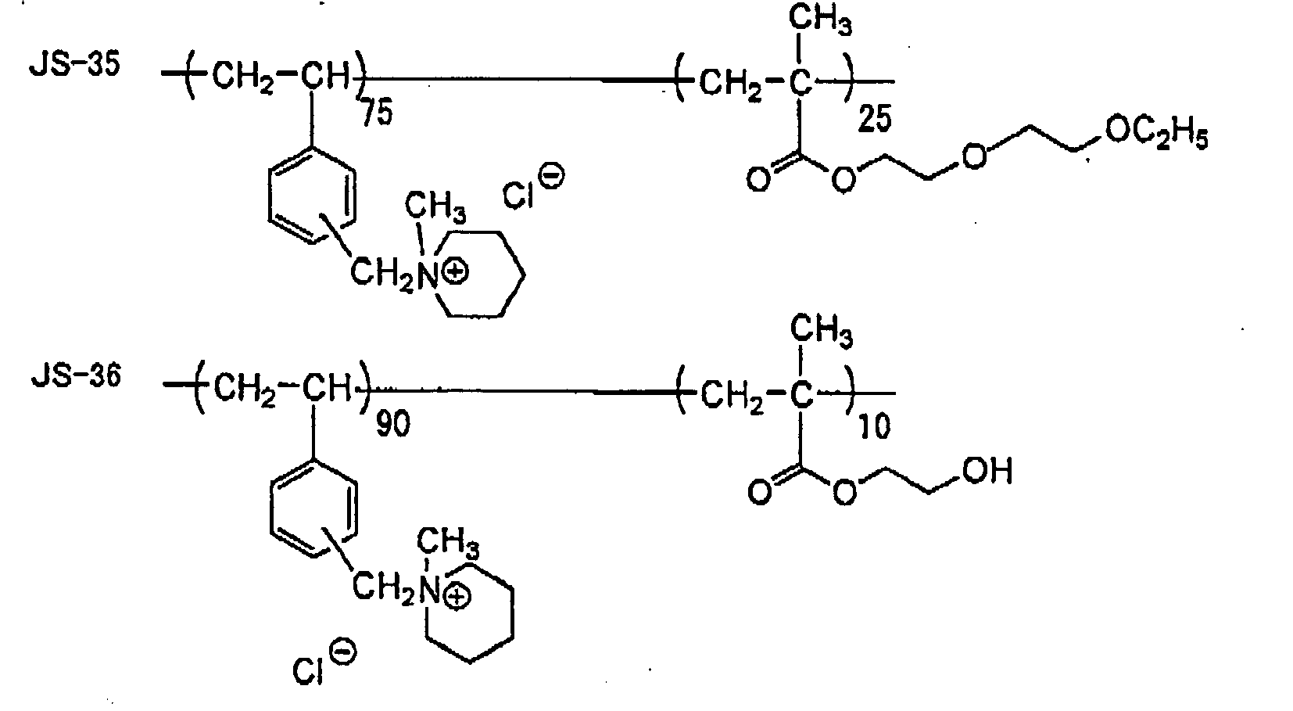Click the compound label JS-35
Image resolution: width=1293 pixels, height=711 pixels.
74,64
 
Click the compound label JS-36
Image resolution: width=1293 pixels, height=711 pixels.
76,376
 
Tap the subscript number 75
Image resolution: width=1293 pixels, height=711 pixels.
377,112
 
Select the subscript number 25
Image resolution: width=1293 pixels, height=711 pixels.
875,120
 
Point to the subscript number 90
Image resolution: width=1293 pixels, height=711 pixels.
393,425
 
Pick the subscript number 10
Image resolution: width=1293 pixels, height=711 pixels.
875,428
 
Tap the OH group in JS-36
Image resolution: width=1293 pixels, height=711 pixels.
987,471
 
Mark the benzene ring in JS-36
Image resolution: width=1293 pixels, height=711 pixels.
313,509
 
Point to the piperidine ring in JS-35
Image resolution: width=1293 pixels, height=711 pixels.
480,275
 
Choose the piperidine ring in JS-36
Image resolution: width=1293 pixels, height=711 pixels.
469,612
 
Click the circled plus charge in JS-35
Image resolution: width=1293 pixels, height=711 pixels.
456,273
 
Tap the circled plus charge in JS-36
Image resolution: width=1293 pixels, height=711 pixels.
457,598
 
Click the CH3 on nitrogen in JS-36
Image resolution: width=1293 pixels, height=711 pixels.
448,542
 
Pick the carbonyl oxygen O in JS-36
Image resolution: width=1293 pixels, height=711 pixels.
759,493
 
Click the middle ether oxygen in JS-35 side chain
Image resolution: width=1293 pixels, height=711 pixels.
974,156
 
